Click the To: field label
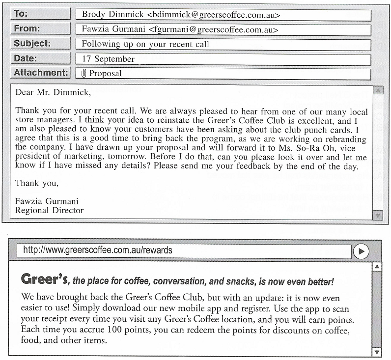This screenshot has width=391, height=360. pyautogui.click(x=21, y=14)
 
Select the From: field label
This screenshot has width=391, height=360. pyautogui.click(x=27, y=28)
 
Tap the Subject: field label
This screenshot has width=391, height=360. pyautogui.click(x=32, y=43)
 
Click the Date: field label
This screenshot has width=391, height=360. pyautogui.click(x=25, y=58)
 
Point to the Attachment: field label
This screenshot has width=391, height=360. pyautogui.click(x=40, y=73)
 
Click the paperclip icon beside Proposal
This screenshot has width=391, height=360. pyautogui.click(x=84, y=74)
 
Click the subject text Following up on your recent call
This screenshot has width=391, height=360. pyautogui.click(x=145, y=44)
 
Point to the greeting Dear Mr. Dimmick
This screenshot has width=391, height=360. pyautogui.click(x=53, y=91)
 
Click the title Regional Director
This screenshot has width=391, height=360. pyautogui.click(x=49, y=210)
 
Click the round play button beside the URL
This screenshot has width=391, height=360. pyautogui.click(x=361, y=251)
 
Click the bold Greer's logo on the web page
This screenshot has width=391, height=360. pyautogui.click(x=44, y=279)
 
